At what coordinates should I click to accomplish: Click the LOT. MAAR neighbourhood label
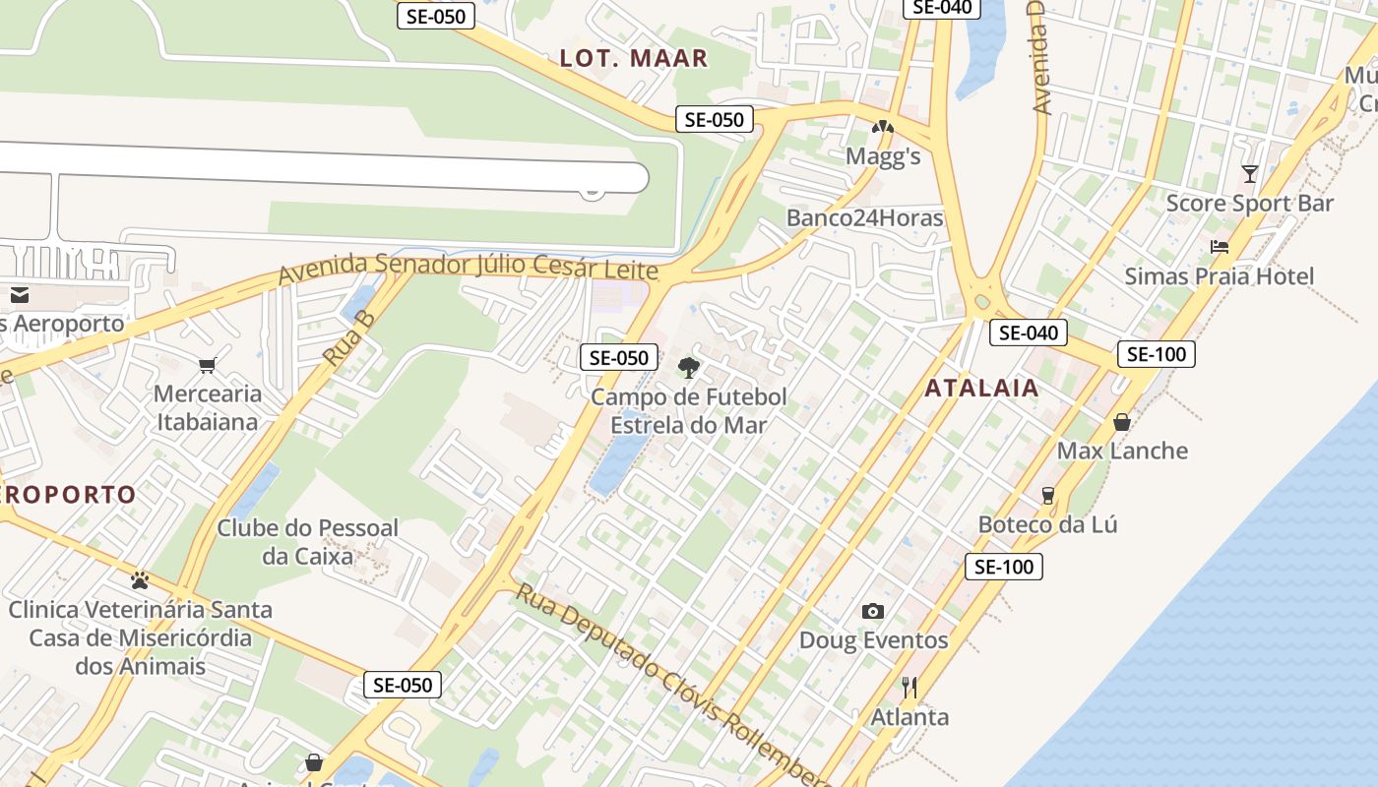[x=634, y=58]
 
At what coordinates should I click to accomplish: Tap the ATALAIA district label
[x=981, y=388]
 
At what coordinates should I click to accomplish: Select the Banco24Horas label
[x=864, y=218]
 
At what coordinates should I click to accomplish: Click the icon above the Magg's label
[x=883, y=127]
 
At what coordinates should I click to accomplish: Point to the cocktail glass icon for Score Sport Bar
[x=1250, y=174]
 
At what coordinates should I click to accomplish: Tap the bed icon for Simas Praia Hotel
[x=1220, y=247]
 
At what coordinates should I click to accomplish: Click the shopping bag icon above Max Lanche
[x=1122, y=422]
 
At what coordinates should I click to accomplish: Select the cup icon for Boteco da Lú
[x=1048, y=495]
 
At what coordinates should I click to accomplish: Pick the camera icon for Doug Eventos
[x=873, y=611]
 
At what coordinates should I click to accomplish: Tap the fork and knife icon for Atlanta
[x=909, y=687]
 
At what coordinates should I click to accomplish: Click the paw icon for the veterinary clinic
[x=140, y=579]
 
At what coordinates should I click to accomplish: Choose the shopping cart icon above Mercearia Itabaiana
[x=207, y=366]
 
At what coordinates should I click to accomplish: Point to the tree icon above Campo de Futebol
[x=689, y=368]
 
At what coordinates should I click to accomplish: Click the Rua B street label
[x=350, y=339]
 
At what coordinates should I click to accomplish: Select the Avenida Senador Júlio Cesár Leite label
[x=468, y=267]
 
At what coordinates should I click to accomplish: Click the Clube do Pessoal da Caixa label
[x=307, y=542]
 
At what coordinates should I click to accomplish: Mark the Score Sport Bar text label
[x=1249, y=204]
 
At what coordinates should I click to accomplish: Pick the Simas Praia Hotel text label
[x=1219, y=276]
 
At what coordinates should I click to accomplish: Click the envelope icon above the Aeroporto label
[x=19, y=295]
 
